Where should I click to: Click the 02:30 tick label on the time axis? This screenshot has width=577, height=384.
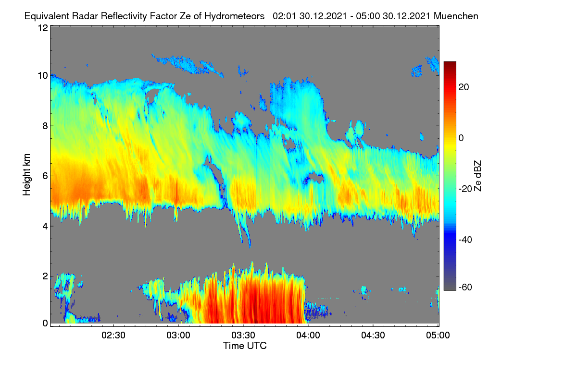coord(113,336)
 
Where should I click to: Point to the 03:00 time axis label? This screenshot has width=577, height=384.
coord(178,336)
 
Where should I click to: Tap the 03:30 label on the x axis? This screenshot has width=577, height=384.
coord(243,336)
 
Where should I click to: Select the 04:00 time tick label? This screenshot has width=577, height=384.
coord(308,336)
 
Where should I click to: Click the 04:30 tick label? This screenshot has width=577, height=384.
coord(373,336)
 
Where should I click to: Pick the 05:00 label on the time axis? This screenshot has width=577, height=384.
coord(438,336)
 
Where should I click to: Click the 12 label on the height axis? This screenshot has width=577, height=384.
coord(43,28)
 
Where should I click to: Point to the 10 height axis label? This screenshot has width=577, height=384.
coord(43,76)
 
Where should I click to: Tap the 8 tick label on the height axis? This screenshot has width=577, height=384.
coord(45,126)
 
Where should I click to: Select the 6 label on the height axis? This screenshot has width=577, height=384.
coord(45,176)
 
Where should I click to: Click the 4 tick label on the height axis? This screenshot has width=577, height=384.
coord(45,227)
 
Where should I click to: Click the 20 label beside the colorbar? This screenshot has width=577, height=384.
coord(464,87)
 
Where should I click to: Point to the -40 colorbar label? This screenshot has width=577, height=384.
coord(465,240)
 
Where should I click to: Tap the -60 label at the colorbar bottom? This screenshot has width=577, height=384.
coord(465,288)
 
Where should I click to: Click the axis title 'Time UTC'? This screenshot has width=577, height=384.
coord(245,346)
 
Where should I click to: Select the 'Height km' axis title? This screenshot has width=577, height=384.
coord(26,175)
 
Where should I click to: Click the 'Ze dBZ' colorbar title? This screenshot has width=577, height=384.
coord(477,176)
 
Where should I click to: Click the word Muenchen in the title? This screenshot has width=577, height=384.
coord(456,16)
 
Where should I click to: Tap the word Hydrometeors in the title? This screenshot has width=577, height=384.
coord(235,16)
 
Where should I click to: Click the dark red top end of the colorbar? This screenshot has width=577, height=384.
coord(450,63)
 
